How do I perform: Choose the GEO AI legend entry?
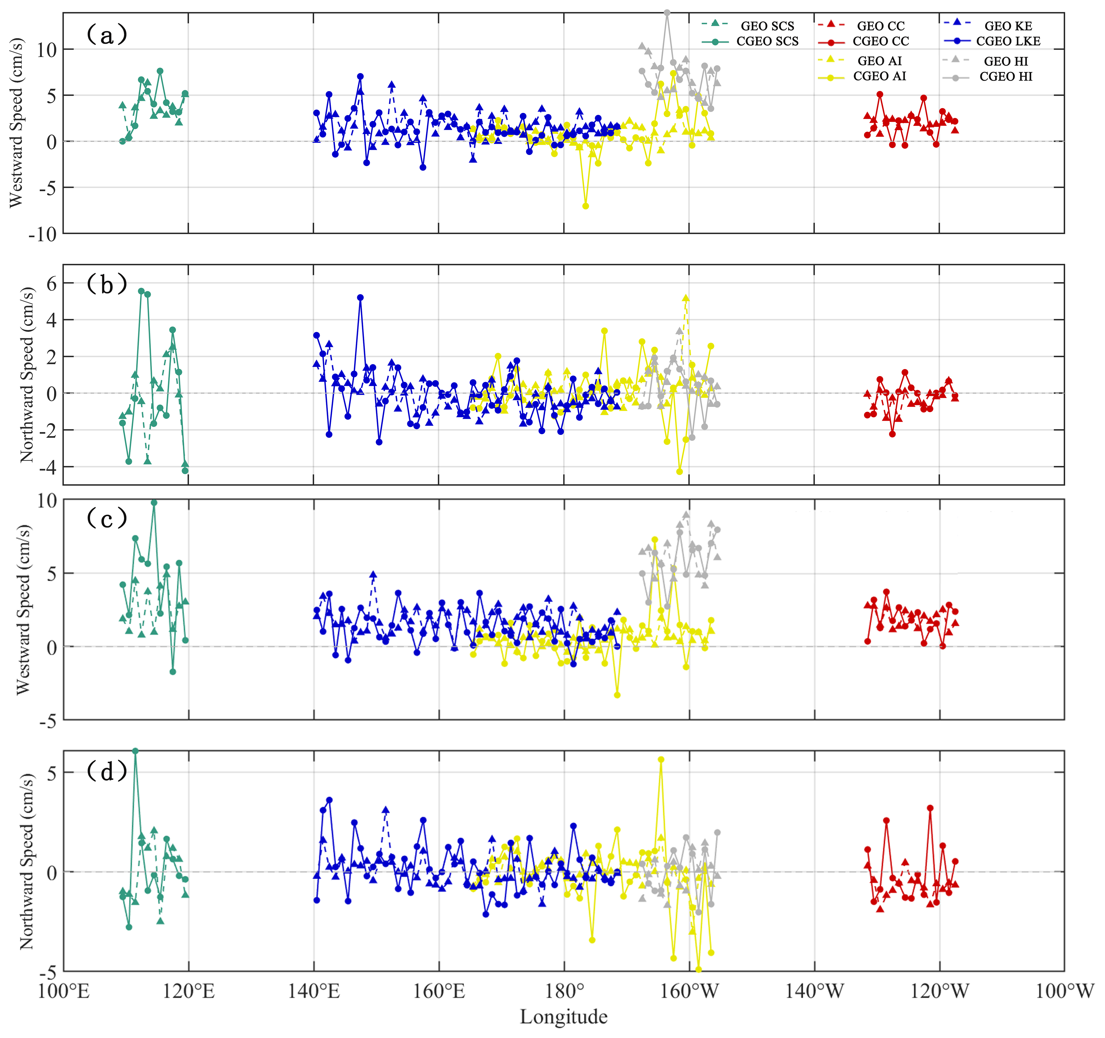[879, 61]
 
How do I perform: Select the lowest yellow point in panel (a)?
[585, 206]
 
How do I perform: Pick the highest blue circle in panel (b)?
[360, 297]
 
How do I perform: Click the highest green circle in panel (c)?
[154, 502]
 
